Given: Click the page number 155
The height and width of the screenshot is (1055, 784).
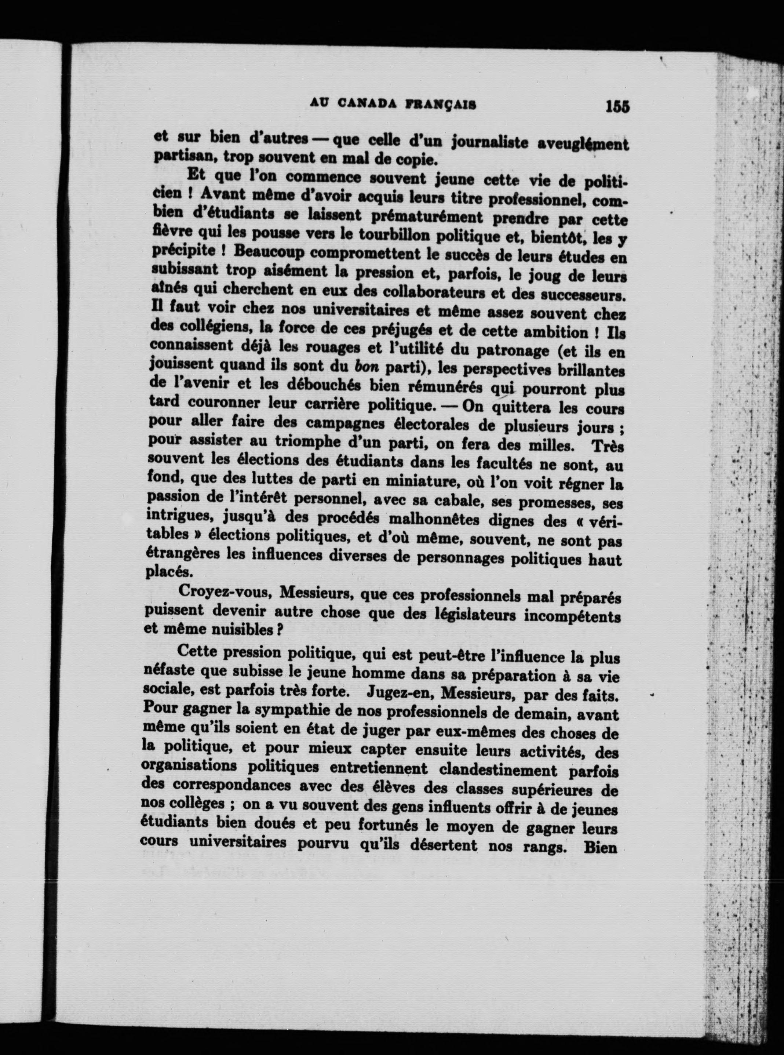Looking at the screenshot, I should tap(617, 107).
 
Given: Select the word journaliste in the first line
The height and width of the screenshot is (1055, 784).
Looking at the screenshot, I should tap(491, 141).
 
